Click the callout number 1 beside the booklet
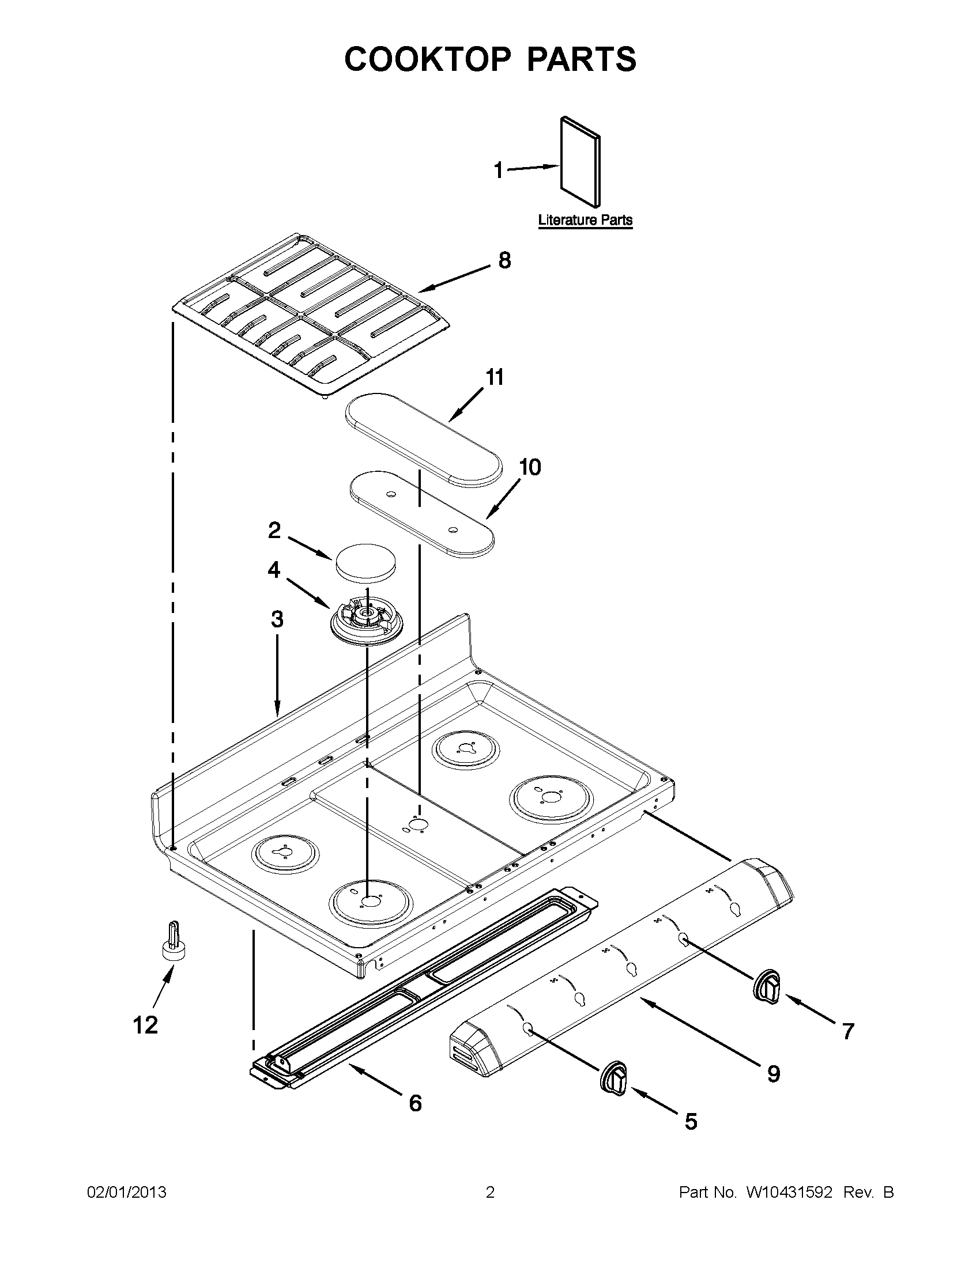click(x=499, y=171)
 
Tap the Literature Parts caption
click(x=585, y=220)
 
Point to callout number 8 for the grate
click(x=504, y=260)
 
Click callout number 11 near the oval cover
click(x=494, y=377)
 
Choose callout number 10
click(x=529, y=467)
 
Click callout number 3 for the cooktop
click(x=277, y=619)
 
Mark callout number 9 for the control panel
click(x=773, y=1074)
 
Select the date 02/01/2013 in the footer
click(x=127, y=1193)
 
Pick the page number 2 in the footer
click(x=489, y=1193)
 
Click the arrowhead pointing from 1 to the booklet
click(x=552, y=166)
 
